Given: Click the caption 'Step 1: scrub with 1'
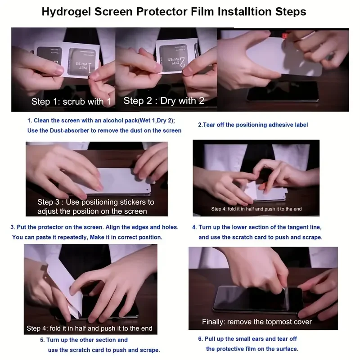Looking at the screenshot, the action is [71, 102].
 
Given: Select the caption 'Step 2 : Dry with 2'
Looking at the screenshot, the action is [164, 101].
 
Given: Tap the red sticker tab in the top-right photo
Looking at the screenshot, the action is [285, 36].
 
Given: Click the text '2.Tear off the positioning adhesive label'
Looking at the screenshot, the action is [253, 125].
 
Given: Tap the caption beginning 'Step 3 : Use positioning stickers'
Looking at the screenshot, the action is [95, 207].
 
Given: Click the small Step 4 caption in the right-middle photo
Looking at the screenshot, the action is [256, 209].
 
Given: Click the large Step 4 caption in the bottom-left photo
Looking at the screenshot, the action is [89, 328].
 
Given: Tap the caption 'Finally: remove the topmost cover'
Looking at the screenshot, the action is [256, 322].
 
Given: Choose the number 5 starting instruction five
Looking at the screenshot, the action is [42, 340].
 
